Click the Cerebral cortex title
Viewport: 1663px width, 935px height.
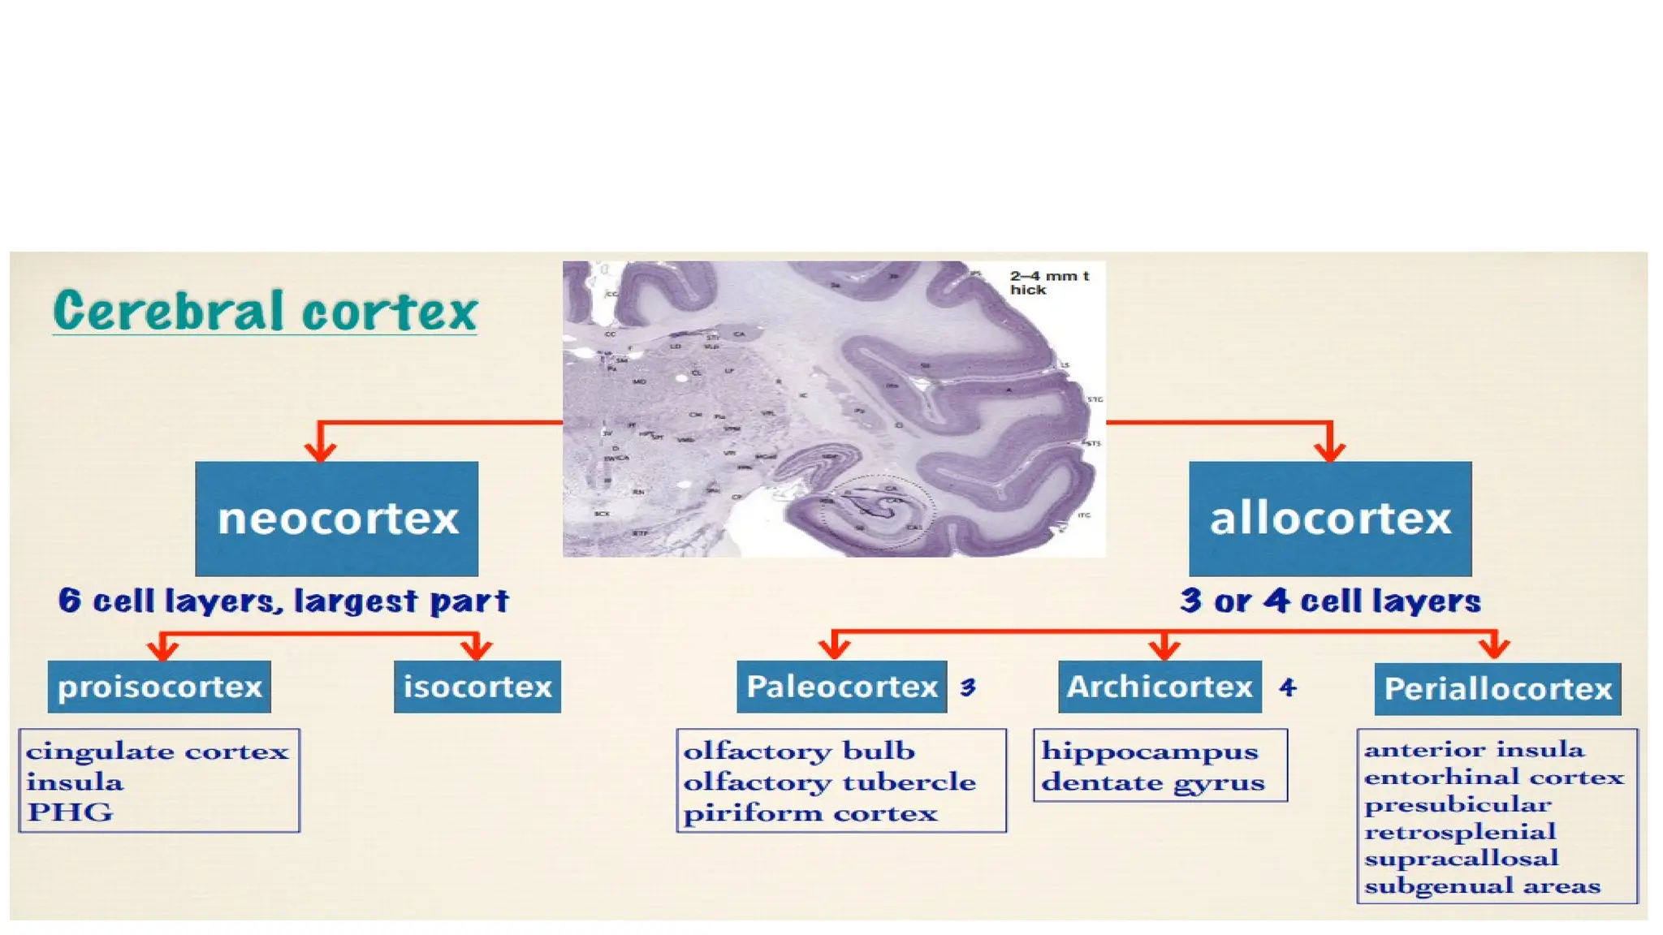point(265,311)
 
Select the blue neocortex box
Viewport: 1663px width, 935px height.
point(336,519)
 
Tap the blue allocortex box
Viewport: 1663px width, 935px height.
point(1330,519)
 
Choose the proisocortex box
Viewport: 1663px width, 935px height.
point(159,687)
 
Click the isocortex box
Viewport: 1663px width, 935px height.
point(477,687)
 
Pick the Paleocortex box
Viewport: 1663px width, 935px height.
point(842,687)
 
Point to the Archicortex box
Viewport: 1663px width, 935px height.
point(1160,687)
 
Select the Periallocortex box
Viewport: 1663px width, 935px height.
point(1497,689)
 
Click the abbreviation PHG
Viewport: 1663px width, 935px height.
point(70,812)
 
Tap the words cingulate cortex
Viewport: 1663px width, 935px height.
point(157,752)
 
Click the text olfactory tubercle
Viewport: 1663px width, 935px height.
point(829,782)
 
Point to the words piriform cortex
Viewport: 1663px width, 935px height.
point(810,813)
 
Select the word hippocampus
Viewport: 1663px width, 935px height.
point(1150,752)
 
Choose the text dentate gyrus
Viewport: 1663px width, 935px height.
point(1153,782)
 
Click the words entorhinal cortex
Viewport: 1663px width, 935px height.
point(1494,778)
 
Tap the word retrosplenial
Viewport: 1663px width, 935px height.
point(1460,832)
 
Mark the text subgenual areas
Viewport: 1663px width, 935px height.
point(1483,885)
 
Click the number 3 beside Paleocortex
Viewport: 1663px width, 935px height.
point(967,687)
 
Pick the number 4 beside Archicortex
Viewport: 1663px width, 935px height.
point(1287,687)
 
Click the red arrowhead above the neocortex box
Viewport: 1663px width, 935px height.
point(321,451)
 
